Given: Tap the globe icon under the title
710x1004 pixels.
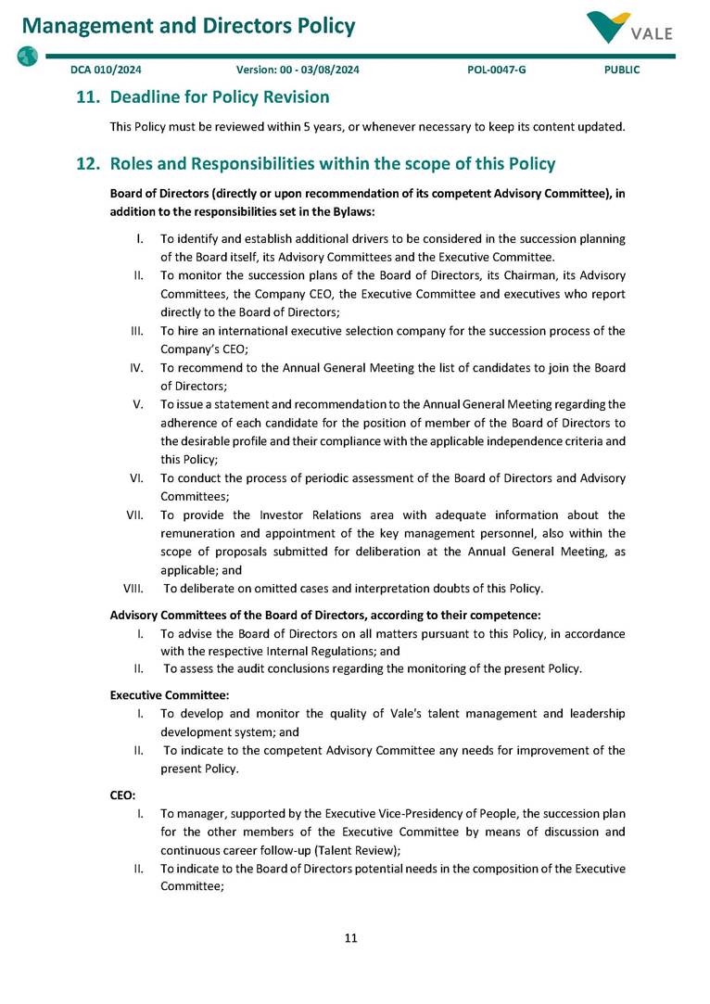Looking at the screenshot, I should (x=27, y=56).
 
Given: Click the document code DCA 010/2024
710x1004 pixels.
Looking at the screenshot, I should (x=106, y=70).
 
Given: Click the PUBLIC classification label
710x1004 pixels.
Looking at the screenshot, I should (x=621, y=70).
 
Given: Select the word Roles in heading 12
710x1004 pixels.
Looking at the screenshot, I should (x=133, y=164).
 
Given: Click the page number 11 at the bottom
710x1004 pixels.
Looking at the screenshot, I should (x=350, y=938).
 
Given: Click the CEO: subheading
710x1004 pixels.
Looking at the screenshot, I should (x=123, y=795).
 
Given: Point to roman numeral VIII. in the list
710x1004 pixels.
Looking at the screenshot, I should (x=133, y=589).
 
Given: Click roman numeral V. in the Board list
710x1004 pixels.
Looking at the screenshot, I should (x=137, y=404).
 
